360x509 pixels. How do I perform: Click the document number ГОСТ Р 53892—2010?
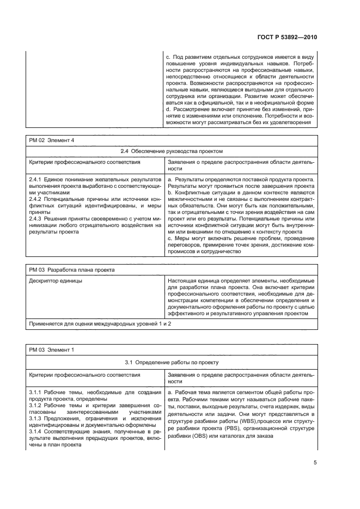point(288,37)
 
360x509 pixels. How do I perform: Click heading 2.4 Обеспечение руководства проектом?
point(172,151)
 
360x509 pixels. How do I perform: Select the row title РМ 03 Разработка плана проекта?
point(64,269)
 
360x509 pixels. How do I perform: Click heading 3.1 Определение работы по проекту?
point(172,360)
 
